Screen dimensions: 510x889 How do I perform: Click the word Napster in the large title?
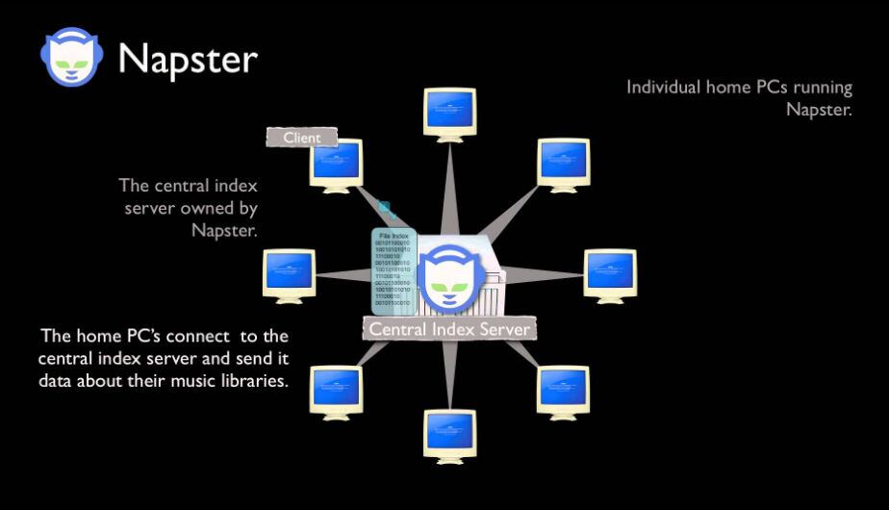point(188,59)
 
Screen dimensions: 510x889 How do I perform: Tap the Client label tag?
point(302,138)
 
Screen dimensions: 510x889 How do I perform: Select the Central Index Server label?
point(448,330)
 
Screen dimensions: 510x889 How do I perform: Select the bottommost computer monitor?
point(449,433)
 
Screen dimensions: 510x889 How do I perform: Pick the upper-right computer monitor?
point(564,162)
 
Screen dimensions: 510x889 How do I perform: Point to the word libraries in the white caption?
point(254,380)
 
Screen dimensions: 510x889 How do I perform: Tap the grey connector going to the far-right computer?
point(544,273)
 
